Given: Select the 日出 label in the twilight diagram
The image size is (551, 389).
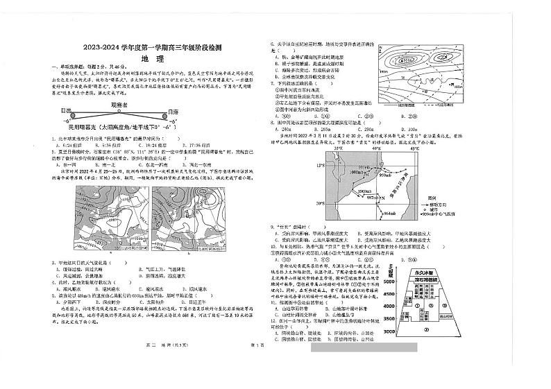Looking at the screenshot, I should (67, 111).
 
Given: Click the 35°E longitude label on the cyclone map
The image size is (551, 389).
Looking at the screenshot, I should (337, 148).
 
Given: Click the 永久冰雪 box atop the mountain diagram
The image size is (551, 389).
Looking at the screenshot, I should (426, 273).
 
